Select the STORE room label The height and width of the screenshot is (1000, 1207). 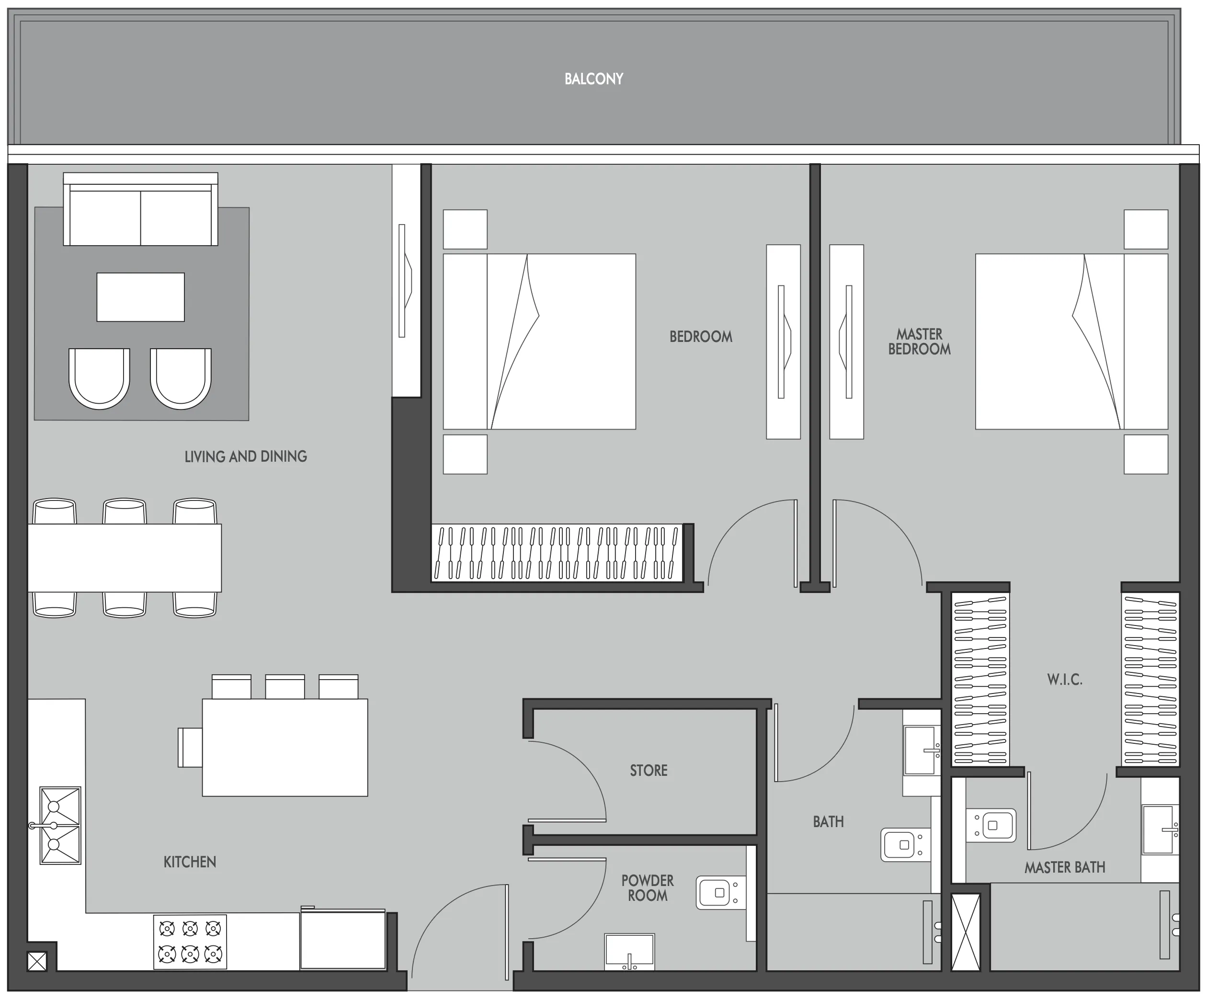click(x=649, y=771)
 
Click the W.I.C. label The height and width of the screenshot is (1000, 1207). click(x=1064, y=680)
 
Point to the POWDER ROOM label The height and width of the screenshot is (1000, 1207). click(x=647, y=888)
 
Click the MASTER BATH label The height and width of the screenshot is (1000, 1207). click(x=1064, y=867)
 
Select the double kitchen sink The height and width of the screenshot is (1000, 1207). click(x=60, y=825)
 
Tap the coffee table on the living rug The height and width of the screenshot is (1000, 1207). click(x=140, y=297)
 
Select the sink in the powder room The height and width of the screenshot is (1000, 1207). click(x=629, y=951)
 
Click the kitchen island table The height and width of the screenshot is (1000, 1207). click(x=285, y=747)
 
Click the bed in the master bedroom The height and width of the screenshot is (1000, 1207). click(x=1071, y=342)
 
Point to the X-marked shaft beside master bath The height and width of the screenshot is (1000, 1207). click(x=966, y=932)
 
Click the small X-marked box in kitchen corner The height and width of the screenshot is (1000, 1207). click(x=37, y=962)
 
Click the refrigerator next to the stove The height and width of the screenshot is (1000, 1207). click(x=342, y=940)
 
